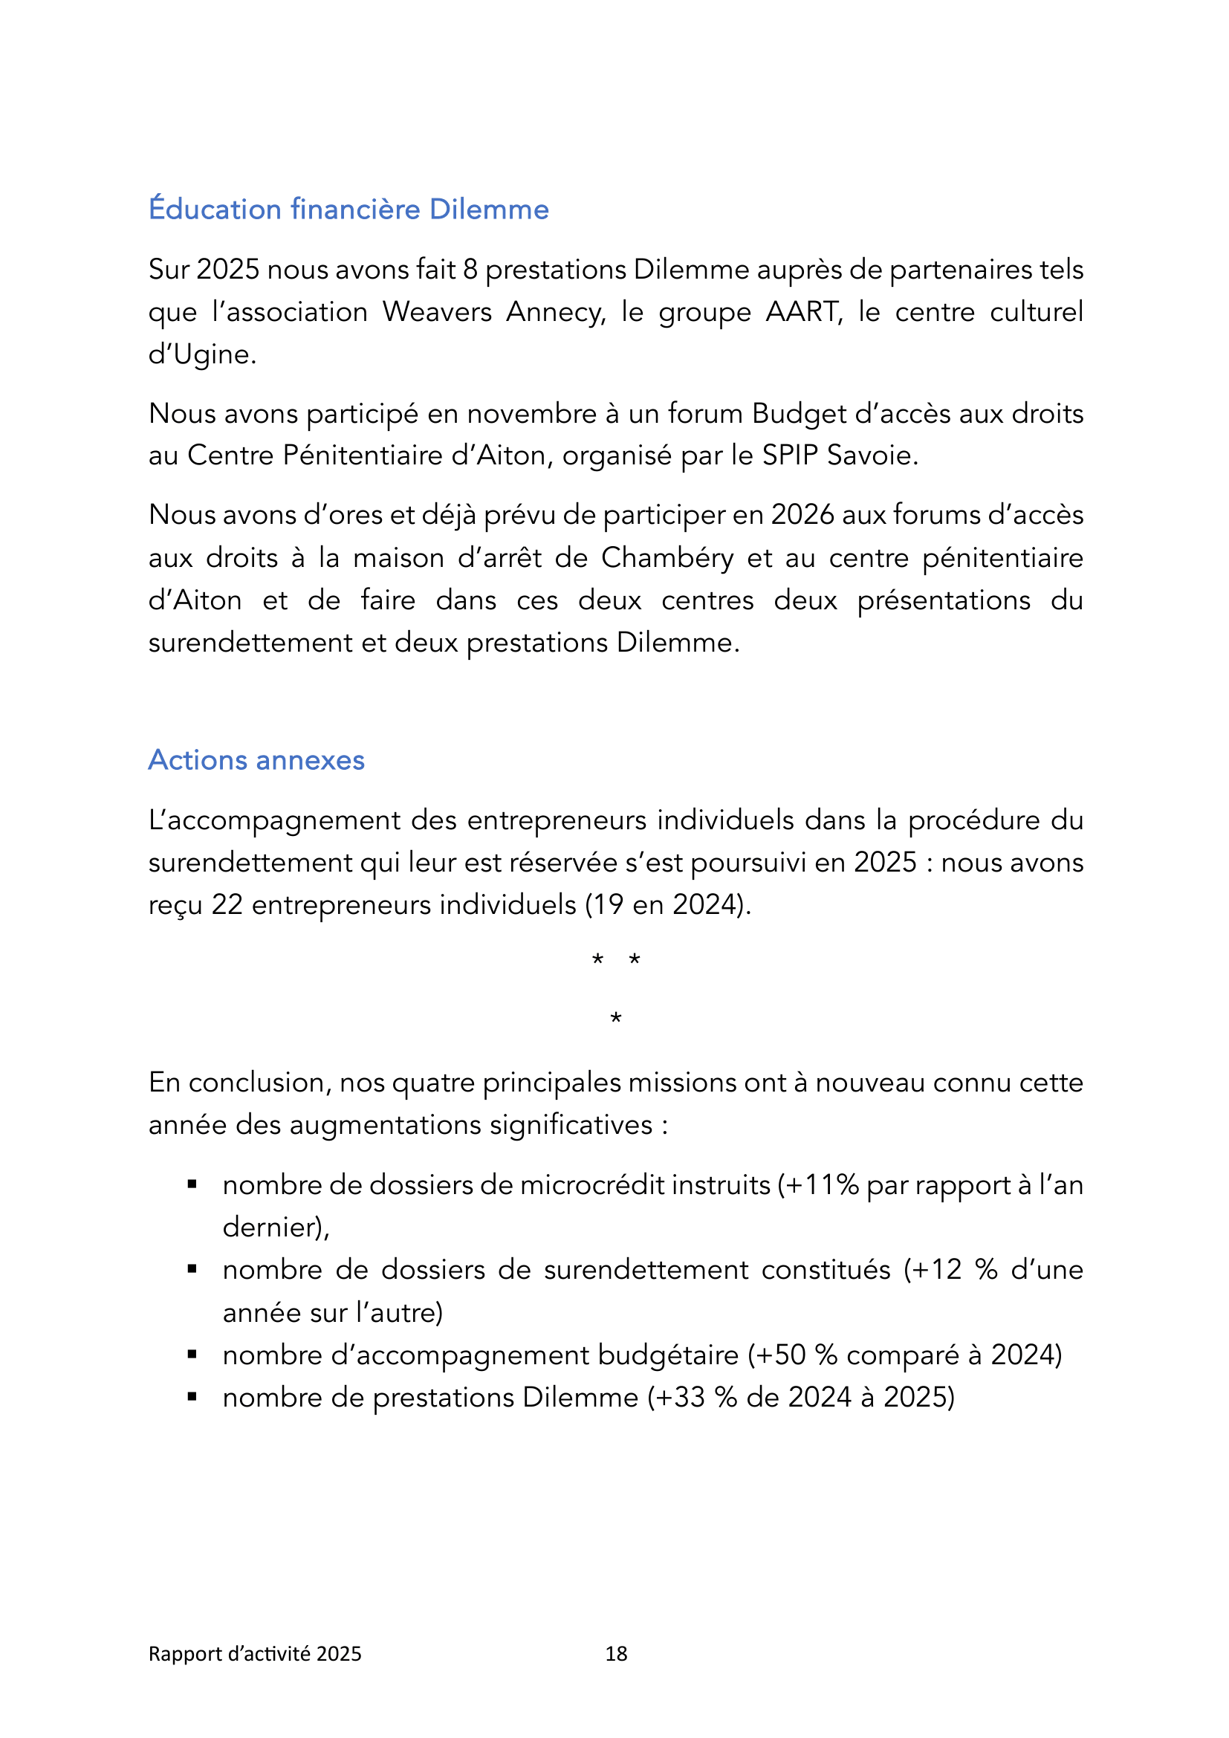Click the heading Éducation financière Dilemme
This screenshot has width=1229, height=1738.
[348, 209]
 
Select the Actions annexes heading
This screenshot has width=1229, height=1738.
[256, 760]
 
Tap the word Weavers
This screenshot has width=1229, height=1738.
[437, 312]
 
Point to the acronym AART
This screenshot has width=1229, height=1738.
[803, 312]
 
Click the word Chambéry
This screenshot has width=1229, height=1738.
[667, 558]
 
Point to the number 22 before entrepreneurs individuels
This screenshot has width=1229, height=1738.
[227, 904]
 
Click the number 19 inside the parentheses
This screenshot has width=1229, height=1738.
[607, 904]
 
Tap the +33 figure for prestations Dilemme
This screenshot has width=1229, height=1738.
[681, 1398]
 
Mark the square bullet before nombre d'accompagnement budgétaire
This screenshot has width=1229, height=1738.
[192, 1355]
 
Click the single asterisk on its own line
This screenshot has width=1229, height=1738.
[616, 1019]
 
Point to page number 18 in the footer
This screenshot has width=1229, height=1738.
[616, 1654]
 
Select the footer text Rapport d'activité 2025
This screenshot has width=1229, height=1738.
[254, 1654]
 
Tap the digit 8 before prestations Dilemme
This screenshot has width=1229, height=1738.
[470, 270]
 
